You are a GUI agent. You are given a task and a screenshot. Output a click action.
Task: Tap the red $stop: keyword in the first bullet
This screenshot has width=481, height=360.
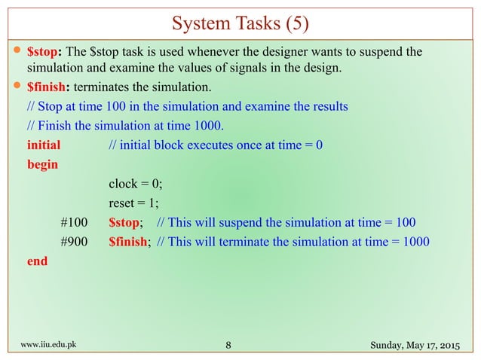(x=45, y=52)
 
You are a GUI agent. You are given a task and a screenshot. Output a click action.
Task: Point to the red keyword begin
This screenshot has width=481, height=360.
(x=42, y=163)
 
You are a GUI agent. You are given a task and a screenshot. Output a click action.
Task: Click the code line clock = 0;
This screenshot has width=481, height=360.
(x=136, y=183)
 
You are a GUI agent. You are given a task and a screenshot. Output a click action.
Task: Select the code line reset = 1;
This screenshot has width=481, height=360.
(x=134, y=203)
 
